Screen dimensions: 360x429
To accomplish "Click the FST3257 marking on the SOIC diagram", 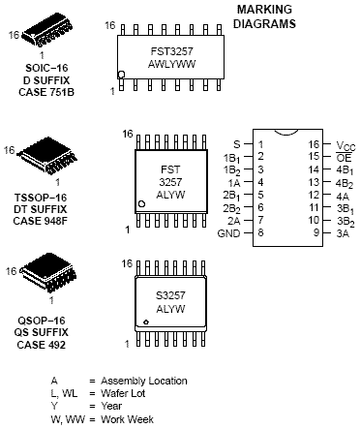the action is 171,51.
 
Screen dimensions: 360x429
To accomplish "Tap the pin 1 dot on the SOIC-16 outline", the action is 121,75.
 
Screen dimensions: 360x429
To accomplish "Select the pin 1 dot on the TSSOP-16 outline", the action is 141,204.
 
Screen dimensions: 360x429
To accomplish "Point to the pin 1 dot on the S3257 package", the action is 146,322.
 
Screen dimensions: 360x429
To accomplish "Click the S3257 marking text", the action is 170,295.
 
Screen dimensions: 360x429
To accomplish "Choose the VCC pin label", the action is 345,146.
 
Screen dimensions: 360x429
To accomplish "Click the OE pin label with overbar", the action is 344,158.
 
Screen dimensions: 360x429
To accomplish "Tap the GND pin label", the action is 228,233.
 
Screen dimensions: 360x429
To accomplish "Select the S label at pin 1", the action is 237,144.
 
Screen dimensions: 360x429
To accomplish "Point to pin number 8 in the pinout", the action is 260,232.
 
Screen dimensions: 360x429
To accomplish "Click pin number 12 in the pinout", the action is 314,195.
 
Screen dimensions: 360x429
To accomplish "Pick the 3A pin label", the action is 343,233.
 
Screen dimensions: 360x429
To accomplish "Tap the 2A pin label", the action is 234,221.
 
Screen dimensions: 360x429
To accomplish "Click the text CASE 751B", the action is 46,92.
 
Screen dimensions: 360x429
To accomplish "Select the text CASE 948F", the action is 41,222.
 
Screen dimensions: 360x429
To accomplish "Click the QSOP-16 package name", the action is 42,321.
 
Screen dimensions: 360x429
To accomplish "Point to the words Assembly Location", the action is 144,382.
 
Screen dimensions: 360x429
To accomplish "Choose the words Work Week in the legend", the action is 127,419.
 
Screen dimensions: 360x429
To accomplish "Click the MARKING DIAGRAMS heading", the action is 264,16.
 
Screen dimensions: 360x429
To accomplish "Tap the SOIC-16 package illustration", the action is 47,33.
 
